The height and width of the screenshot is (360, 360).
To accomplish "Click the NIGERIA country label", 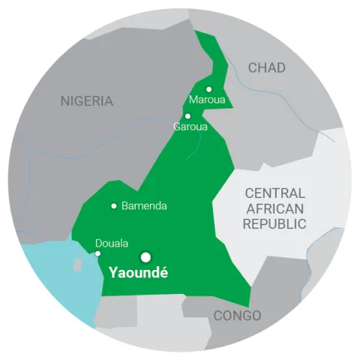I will pyautogui.click(x=87, y=100).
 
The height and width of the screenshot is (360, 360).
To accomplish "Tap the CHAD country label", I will pyautogui.click(x=267, y=68).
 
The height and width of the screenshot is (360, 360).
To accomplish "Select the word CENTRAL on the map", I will pyautogui.click(x=274, y=193).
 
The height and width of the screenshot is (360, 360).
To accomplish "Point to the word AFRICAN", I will pyautogui.click(x=274, y=208).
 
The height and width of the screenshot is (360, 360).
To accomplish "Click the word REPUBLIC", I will pyautogui.click(x=274, y=223).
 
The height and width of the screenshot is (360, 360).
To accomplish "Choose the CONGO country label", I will pyautogui.click(x=237, y=315).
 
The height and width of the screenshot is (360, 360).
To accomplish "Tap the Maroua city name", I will pyautogui.click(x=207, y=100).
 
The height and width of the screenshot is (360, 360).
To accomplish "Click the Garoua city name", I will pyautogui.click(x=190, y=127).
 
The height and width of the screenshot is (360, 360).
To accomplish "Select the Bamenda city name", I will pyautogui.click(x=144, y=205).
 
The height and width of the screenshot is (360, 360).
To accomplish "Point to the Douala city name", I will pyautogui.click(x=112, y=243).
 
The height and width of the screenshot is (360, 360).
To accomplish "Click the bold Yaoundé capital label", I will pyautogui.click(x=139, y=273).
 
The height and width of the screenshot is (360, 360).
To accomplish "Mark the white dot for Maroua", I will pyautogui.click(x=209, y=89).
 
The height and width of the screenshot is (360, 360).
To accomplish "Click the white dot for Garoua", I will pyautogui.click(x=187, y=115).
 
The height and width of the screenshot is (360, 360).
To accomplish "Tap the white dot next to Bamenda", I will pyautogui.click(x=113, y=205).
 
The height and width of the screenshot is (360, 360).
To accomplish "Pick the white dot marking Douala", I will pyautogui.click(x=98, y=253).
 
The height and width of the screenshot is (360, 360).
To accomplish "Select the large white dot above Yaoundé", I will pyautogui.click(x=145, y=256).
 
